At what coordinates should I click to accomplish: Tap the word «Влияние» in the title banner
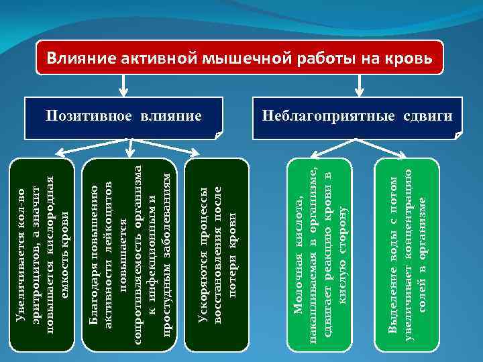click(80, 58)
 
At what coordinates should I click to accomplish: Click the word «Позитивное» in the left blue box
click(90, 117)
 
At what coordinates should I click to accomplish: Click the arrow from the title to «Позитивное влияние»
click(123, 85)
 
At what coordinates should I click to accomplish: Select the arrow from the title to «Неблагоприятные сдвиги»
click(359, 85)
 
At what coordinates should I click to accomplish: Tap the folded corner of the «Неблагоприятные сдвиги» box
click(458, 135)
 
